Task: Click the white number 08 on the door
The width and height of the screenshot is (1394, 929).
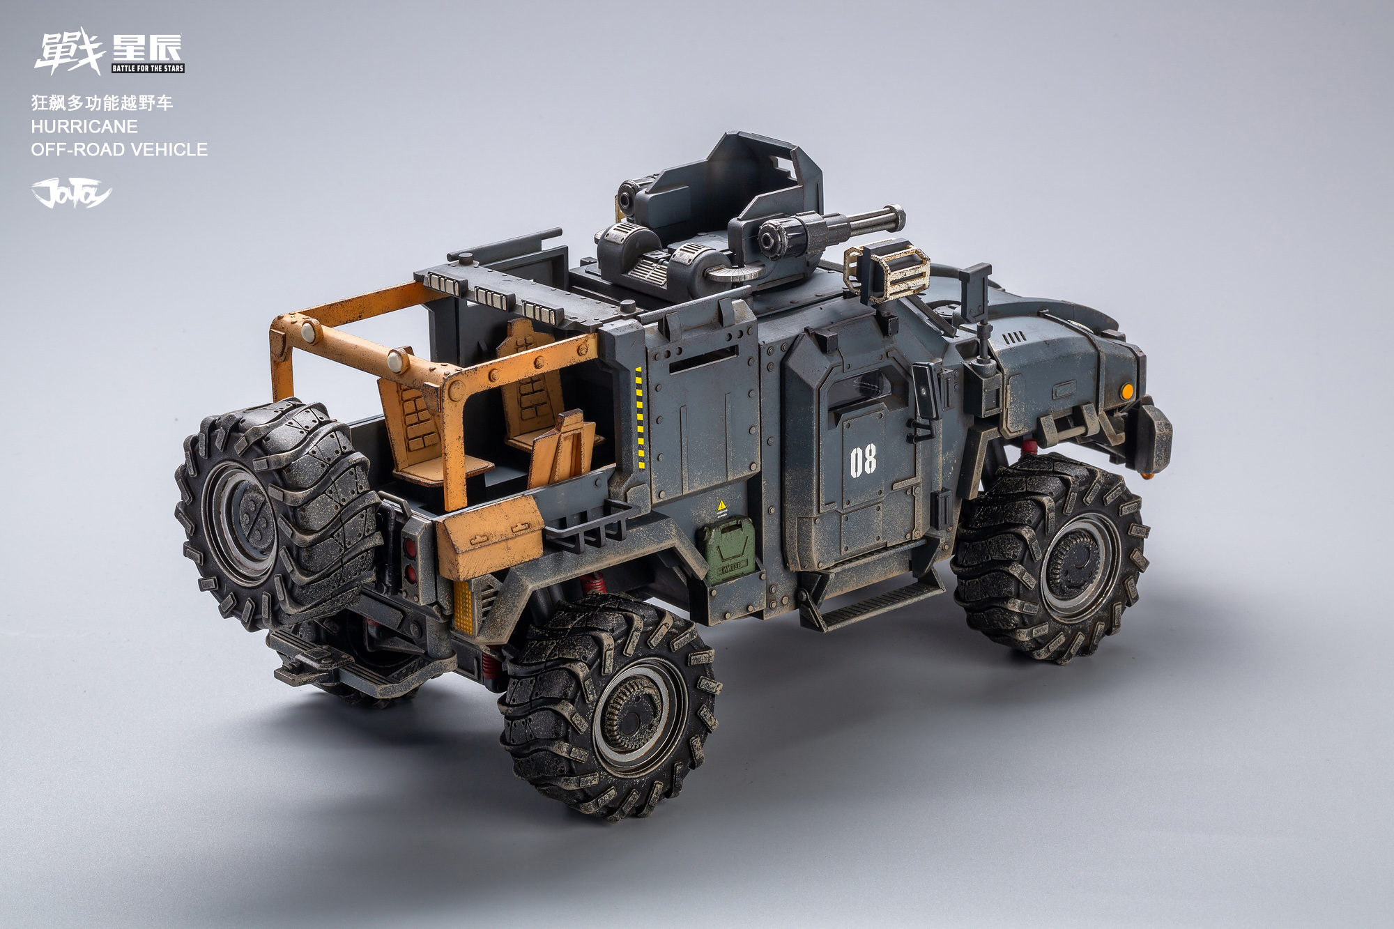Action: [863, 461]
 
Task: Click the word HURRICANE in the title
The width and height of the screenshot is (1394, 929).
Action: [84, 126]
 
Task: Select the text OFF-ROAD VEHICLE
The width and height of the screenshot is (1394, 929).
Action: [119, 149]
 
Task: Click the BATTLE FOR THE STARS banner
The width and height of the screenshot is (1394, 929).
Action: [148, 68]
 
